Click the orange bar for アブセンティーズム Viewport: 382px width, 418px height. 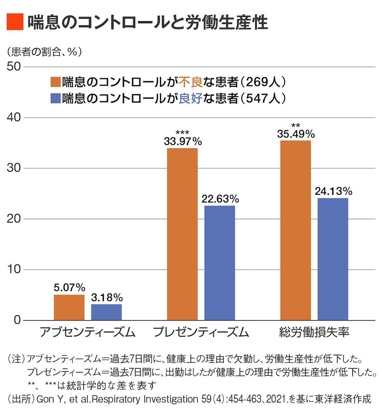(x=69, y=307)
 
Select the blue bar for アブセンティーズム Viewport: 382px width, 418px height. (x=106, y=312)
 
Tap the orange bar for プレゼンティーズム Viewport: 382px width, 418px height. (x=182, y=234)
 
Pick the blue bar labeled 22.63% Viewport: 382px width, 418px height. (x=220, y=263)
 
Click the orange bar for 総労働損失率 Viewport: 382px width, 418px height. (x=295, y=230)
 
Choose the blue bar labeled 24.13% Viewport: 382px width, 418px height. (x=333, y=259)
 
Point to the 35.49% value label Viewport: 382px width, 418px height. (x=296, y=134)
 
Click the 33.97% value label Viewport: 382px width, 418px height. (x=183, y=141)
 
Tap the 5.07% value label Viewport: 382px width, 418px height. (x=69, y=287)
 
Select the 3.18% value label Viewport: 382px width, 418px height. (x=107, y=297)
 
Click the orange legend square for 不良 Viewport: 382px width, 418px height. (x=55, y=82)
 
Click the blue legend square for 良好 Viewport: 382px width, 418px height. (x=55, y=98)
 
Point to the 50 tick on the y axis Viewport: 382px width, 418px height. (x=14, y=66)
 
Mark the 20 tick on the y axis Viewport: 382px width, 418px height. (x=14, y=219)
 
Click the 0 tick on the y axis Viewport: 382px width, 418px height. (x=17, y=320)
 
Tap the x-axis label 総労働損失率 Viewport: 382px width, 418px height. (x=314, y=332)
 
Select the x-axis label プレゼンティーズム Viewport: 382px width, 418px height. (x=201, y=332)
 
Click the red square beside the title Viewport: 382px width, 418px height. (x=15, y=22)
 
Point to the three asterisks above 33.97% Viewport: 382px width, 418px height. (x=183, y=132)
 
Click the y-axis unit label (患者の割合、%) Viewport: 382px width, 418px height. (x=44, y=51)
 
